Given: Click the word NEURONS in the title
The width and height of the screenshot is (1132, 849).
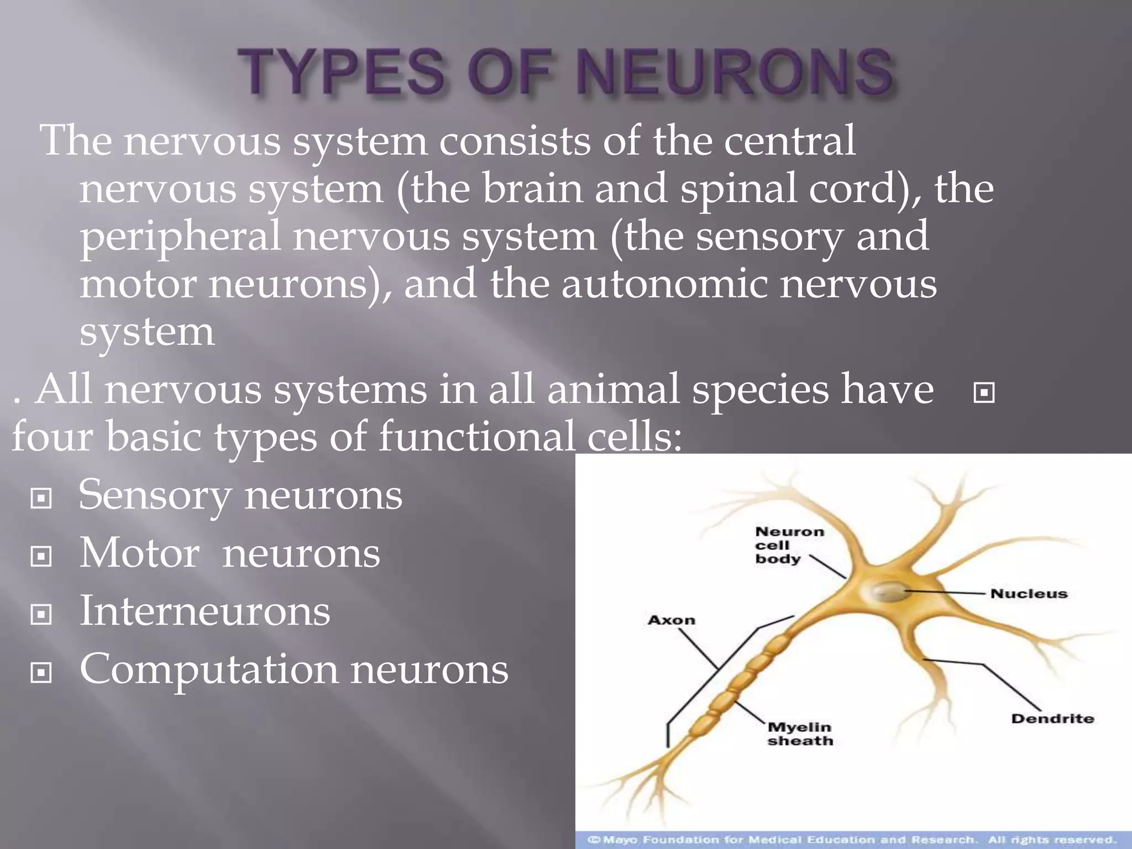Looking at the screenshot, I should tap(735, 72).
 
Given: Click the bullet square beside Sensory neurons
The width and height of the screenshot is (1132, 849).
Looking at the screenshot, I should tap(41, 499).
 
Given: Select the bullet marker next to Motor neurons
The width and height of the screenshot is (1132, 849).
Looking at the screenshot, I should tap(41, 557).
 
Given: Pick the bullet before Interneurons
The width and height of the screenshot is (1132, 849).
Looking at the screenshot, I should tap(41, 614).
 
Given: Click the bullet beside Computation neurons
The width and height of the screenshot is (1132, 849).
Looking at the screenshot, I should tap(41, 673).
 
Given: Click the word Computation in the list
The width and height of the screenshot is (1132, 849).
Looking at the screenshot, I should tap(208, 670).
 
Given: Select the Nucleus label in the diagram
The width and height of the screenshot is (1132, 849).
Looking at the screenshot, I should tap(1029, 594).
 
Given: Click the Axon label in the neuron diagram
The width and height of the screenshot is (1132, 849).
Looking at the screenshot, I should tap(671, 620).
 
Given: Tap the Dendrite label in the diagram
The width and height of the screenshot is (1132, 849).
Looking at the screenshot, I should tap(1052, 719).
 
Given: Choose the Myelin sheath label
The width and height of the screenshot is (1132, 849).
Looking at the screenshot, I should tap(800, 734).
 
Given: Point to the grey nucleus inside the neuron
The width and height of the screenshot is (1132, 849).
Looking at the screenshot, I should tap(889, 592).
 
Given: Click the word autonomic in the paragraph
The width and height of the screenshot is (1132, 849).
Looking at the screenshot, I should tap(664, 284).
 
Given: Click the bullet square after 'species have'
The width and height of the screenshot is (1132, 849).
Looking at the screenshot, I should tap(984, 393).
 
